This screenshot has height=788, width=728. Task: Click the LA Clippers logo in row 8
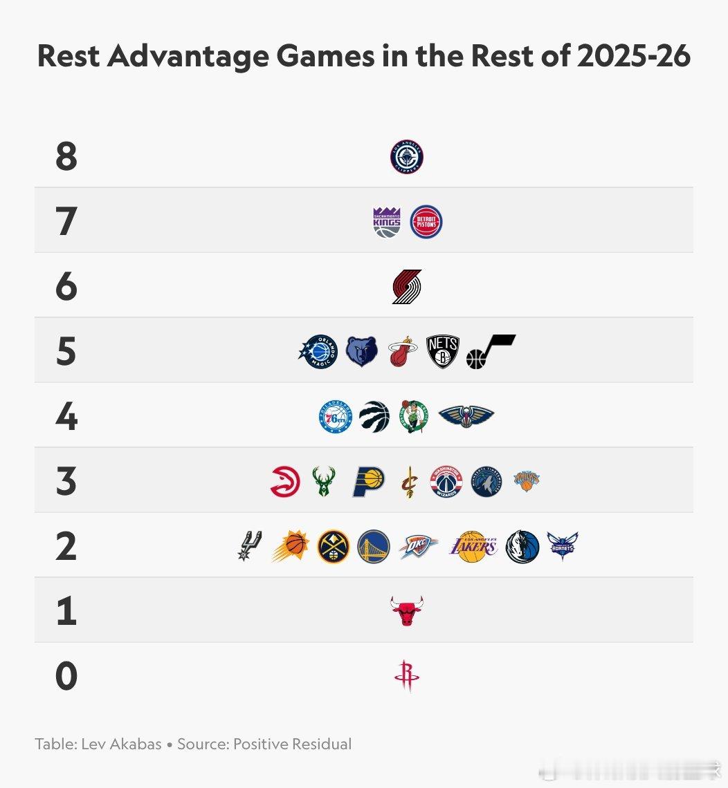406,157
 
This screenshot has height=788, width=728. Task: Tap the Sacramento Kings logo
387,222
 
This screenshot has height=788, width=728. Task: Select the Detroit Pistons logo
426,222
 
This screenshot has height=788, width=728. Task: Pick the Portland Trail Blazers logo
407,287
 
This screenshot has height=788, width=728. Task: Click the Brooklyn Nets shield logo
443,352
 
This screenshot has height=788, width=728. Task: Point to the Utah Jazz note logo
490,351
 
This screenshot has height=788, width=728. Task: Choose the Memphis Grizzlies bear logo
362,352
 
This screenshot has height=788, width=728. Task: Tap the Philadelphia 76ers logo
336,417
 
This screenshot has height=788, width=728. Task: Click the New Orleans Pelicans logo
466,416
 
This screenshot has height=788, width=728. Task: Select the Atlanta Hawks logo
285,482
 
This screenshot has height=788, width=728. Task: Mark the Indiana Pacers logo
369,482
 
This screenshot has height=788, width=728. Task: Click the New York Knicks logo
527,480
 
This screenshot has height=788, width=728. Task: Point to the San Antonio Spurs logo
249,546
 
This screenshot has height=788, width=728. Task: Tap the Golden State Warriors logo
374,547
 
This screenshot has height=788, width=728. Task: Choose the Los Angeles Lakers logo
473,547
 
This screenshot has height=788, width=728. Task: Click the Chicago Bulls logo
407,611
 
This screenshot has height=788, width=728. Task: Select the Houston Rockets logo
407,676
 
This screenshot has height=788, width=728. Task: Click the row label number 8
66,157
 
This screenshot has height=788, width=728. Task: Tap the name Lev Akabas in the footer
121,744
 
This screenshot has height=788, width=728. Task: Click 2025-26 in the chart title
633,56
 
